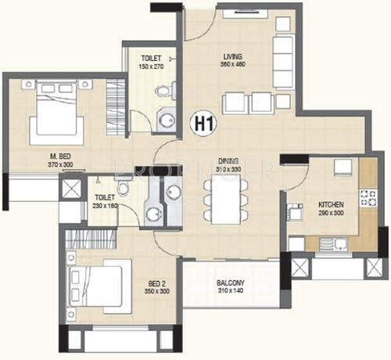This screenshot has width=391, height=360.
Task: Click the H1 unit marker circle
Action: [x=205, y=124]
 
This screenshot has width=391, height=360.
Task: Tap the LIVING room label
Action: [x=232, y=56]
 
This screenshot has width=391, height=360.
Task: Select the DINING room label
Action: [x=228, y=160]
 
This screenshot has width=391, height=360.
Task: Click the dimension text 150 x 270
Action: [x=152, y=67]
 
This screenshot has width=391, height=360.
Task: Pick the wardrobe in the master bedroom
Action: [x=117, y=101]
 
